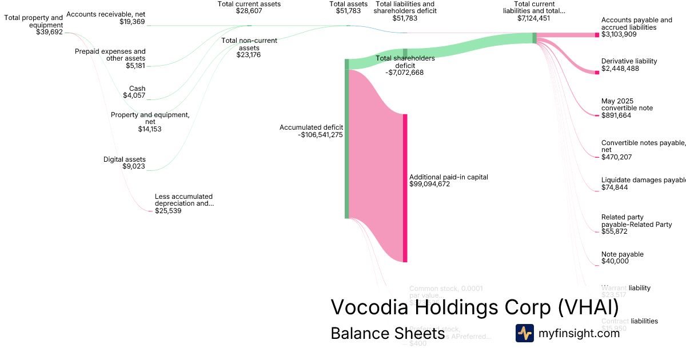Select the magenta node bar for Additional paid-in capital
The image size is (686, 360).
(405, 188)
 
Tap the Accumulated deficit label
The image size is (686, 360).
(311, 127)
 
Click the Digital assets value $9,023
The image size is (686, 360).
(134, 167)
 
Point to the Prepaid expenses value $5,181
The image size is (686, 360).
(135, 66)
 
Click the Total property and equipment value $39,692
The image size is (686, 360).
(49, 33)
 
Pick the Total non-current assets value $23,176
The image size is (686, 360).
(249, 55)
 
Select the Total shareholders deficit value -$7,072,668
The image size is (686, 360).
(404, 73)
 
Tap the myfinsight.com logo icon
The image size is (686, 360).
(524, 333)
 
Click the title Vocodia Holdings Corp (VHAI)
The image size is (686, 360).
(474, 307)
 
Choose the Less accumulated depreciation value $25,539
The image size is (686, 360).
(169, 211)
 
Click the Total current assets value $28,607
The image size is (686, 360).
(249, 11)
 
